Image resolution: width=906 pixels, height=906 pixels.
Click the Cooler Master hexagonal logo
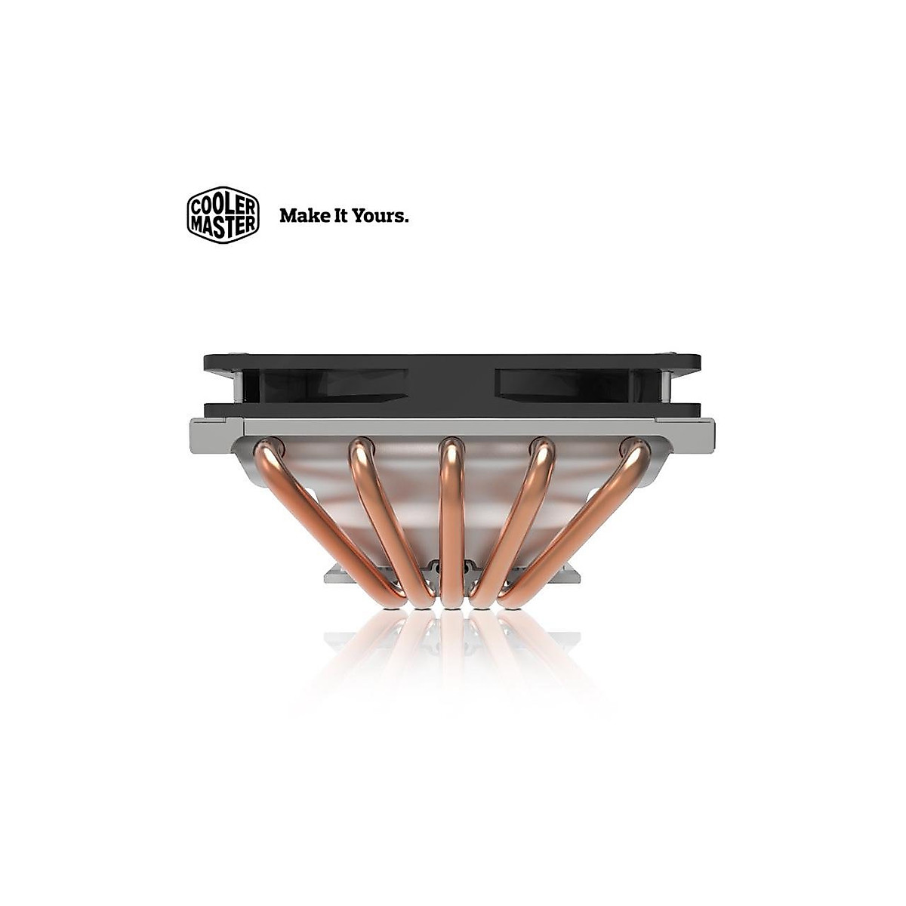223,214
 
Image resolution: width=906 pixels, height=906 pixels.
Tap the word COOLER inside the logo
223,205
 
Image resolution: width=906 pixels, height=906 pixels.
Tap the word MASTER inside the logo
223,223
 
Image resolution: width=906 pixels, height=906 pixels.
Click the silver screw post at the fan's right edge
665,386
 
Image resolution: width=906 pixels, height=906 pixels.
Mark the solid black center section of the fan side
453,384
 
